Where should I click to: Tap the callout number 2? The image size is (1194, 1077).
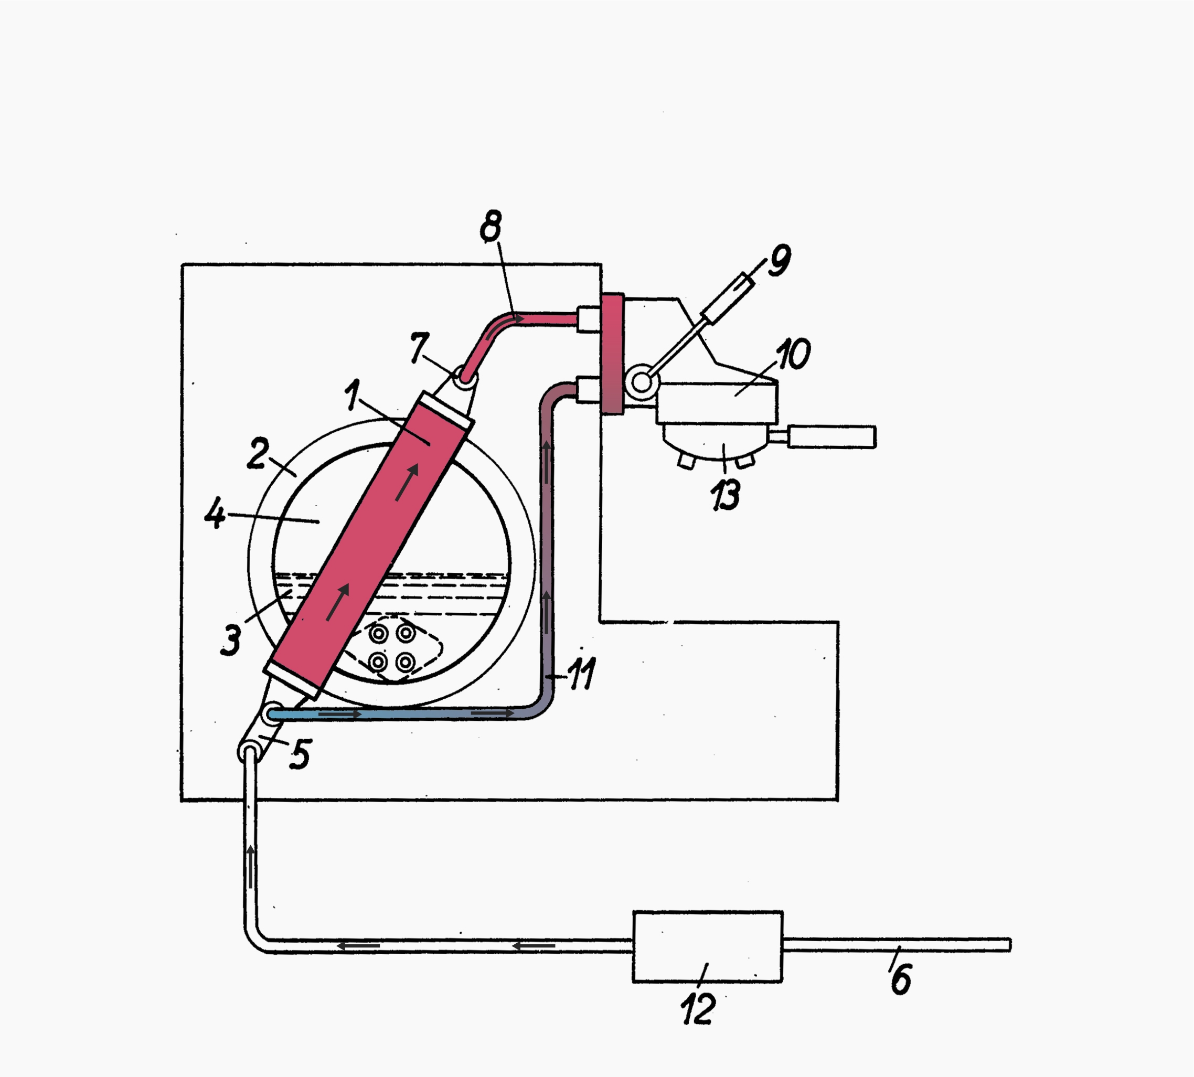(258, 454)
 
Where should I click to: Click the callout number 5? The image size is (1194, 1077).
(300, 755)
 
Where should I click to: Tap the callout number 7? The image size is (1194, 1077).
(419, 347)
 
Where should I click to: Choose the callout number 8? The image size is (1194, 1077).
(491, 226)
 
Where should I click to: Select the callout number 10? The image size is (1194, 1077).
(793, 355)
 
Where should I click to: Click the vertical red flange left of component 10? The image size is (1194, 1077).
(612, 354)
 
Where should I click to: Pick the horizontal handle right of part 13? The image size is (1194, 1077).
(831, 436)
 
